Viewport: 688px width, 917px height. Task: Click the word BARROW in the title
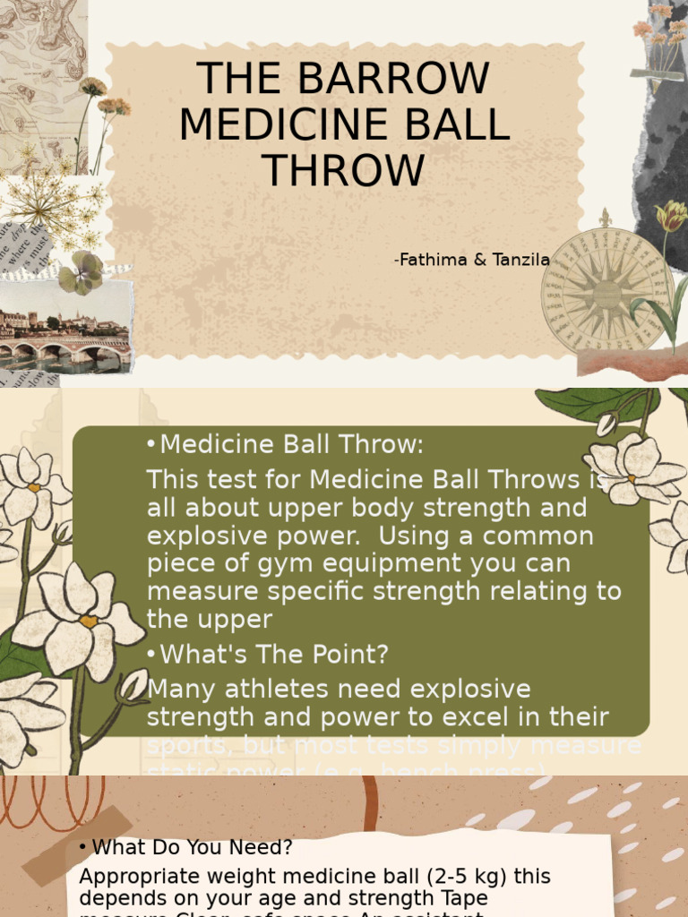point(406,79)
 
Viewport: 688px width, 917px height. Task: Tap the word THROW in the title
point(344,170)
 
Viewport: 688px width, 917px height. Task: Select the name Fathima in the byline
point(428,260)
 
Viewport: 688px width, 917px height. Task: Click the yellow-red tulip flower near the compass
point(670,217)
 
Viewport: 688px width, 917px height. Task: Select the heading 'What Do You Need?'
point(192,846)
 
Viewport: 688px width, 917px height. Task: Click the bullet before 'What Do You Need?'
point(82,847)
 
